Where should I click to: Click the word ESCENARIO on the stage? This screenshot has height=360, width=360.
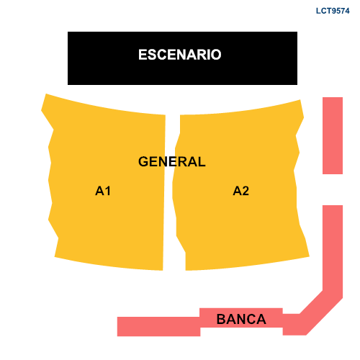pyautogui.click(x=180, y=55)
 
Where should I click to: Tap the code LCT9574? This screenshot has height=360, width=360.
pyautogui.click(x=333, y=11)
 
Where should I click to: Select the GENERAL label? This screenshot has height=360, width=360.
pyautogui.click(x=172, y=161)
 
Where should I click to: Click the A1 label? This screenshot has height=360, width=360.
pyautogui.click(x=103, y=191)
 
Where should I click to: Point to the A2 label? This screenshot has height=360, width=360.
pyautogui.click(x=241, y=191)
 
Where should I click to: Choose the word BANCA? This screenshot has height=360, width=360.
pyautogui.click(x=241, y=319)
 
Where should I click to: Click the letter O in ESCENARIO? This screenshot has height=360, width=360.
pyautogui.click(x=216, y=55)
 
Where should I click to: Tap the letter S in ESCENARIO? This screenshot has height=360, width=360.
pyautogui.click(x=153, y=55)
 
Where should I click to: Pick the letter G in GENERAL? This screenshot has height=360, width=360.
pyautogui.click(x=143, y=161)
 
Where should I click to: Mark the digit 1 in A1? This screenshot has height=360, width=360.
pyautogui.click(x=108, y=191)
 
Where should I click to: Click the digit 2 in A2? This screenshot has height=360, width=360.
pyautogui.click(x=246, y=191)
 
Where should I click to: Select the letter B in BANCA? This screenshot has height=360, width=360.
pyautogui.click(x=221, y=319)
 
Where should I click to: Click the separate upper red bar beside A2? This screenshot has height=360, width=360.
pyautogui.click(x=333, y=135)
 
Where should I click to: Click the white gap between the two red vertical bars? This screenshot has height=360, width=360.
pyautogui.click(x=333, y=189)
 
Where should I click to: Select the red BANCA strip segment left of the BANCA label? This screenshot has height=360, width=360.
pyautogui.click(x=158, y=326)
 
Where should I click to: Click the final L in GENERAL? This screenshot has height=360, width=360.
pyautogui.click(x=202, y=161)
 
